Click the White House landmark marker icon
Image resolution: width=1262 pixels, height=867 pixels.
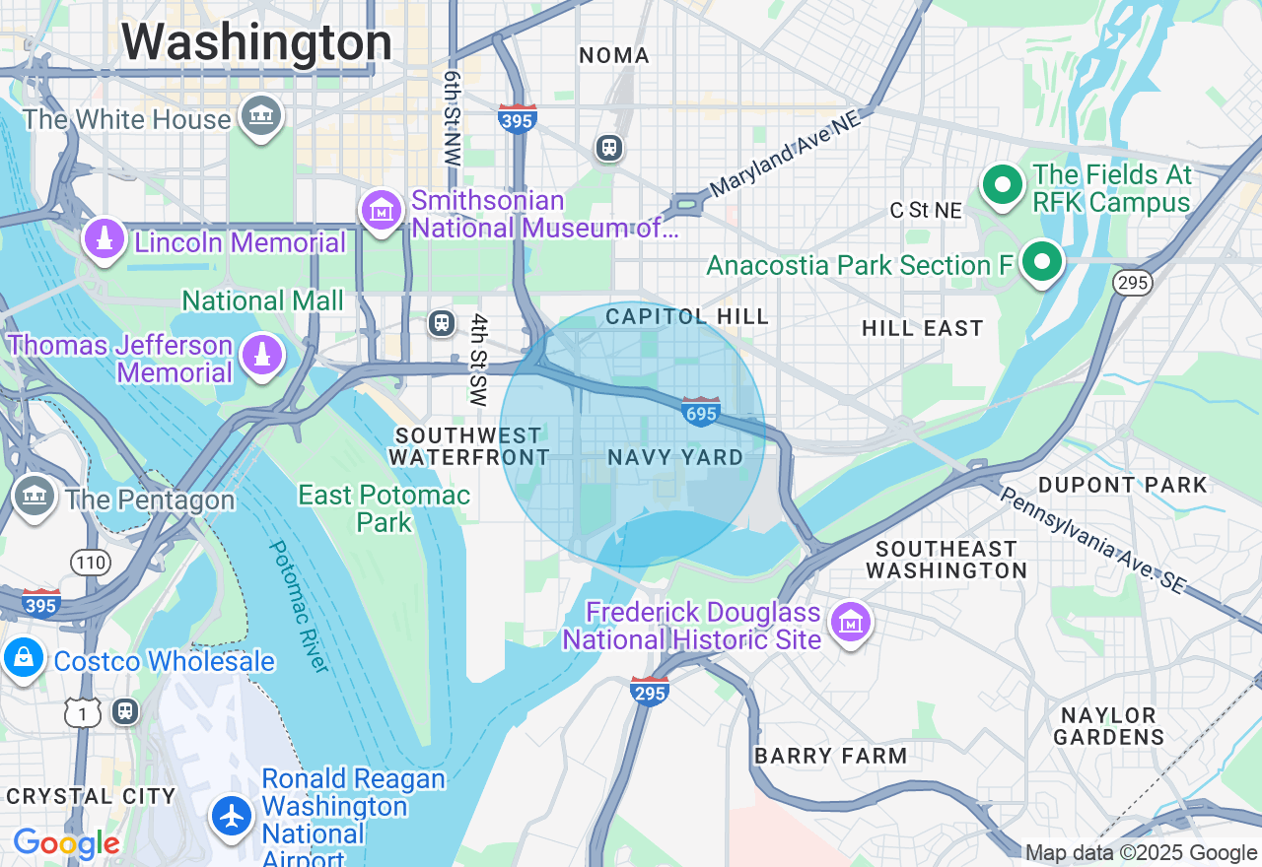[x=261, y=117]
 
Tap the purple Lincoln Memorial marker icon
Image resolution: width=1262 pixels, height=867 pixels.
[x=104, y=239]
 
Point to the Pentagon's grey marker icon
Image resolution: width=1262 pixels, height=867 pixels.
[x=35, y=497]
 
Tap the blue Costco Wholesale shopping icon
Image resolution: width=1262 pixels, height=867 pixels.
[x=24, y=658]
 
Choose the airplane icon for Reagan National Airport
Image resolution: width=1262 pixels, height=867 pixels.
[x=233, y=816]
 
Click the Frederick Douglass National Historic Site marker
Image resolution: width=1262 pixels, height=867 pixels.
[x=850, y=623]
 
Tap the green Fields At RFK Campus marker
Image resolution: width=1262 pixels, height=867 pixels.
[x=1003, y=186]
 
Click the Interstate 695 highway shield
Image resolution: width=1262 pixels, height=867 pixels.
[x=700, y=411]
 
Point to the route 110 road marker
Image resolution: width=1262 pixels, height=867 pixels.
[x=90, y=563]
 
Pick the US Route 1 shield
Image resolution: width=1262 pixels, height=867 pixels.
[x=84, y=713]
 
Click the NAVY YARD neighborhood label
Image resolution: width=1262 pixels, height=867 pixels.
[x=675, y=457]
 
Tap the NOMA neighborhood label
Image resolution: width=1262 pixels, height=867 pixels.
[x=614, y=56]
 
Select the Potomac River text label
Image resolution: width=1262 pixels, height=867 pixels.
[x=298, y=605]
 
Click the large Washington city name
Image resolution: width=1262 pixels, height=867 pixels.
[x=256, y=42]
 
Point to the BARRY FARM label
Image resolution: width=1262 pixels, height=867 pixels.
[x=830, y=756]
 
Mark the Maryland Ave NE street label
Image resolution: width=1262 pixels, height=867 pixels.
[x=785, y=153]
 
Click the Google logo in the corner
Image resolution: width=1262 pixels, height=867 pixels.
[x=66, y=843]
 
